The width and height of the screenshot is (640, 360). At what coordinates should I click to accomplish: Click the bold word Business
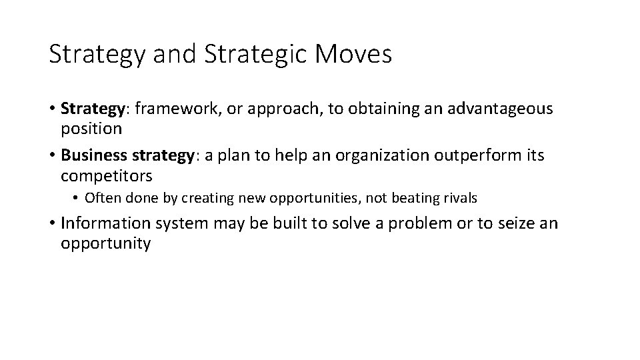tap(93, 155)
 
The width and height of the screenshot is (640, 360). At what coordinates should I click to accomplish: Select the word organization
tap(374, 155)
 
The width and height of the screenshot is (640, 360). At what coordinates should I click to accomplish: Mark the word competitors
tap(107, 176)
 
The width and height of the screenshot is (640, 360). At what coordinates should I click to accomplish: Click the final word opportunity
tap(106, 243)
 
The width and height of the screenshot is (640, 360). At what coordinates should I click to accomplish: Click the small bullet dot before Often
tap(77, 199)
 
